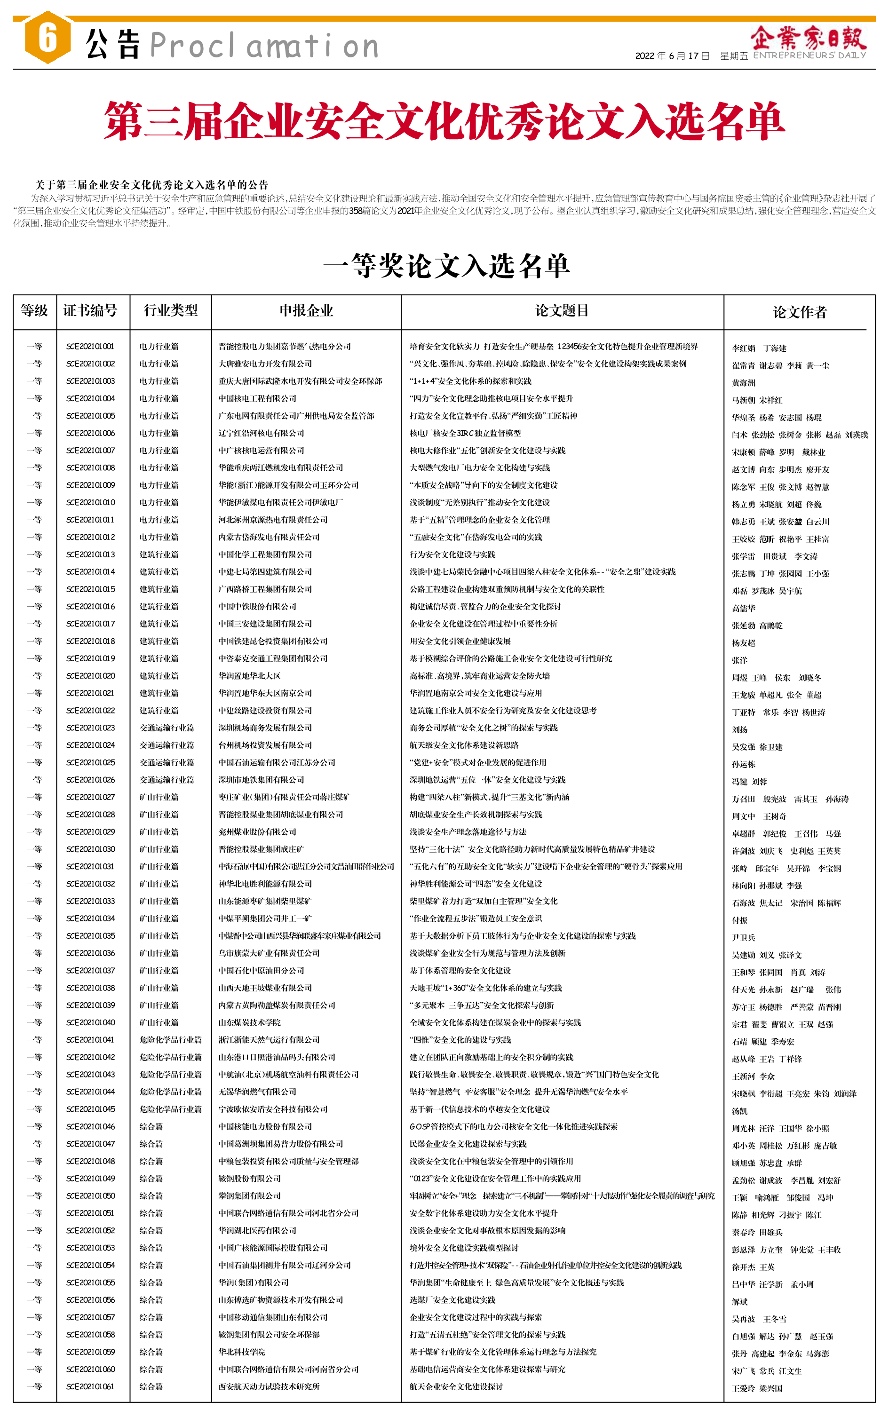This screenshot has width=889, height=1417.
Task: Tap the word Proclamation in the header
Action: click(x=264, y=46)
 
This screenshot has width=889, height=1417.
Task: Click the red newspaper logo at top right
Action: click(x=808, y=38)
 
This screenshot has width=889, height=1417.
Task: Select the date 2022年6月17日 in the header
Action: click(x=672, y=56)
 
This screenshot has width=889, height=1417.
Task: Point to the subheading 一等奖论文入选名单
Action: click(x=446, y=266)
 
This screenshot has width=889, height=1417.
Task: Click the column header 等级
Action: click(x=34, y=310)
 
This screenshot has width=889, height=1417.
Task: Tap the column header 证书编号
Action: click(x=90, y=310)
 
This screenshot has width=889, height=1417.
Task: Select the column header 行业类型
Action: click(x=170, y=310)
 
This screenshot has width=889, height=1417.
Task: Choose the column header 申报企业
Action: click(x=306, y=310)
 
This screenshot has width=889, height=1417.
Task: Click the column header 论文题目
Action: click(x=562, y=310)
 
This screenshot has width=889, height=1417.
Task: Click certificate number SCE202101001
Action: click(x=90, y=346)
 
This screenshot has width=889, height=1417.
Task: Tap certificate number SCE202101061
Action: click(x=90, y=1386)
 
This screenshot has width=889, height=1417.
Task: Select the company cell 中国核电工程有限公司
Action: click(x=257, y=398)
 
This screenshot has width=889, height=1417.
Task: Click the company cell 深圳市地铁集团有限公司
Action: click(x=261, y=779)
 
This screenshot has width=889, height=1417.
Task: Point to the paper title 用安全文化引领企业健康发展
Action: click(x=460, y=641)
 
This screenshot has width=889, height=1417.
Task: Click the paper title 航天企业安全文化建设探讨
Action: click(x=456, y=1386)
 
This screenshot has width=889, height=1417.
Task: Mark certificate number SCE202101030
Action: click(x=90, y=849)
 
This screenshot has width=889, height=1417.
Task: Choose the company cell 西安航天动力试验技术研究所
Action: click(x=269, y=1386)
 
